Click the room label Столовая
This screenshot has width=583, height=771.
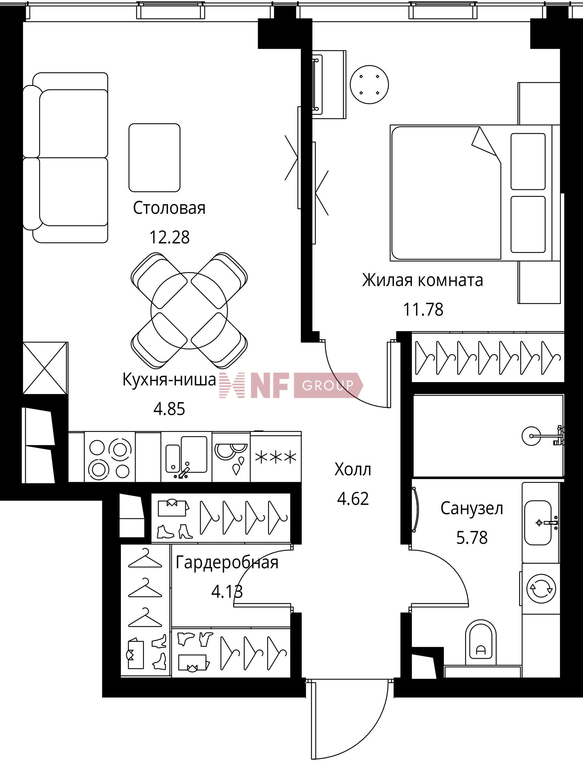pos(169,208)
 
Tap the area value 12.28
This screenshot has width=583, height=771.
pos(169,237)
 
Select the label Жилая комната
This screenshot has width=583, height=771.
pos(422,280)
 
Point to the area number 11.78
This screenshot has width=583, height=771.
pos(423,309)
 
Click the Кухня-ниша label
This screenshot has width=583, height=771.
pos(169,379)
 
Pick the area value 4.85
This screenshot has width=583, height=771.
pos(169,409)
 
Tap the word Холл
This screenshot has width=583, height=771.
pos(353,470)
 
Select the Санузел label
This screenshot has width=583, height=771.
pos(472,509)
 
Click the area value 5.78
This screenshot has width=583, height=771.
pos(472,537)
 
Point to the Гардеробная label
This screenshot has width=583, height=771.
pos(227,563)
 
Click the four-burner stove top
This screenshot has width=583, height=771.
pos(110,457)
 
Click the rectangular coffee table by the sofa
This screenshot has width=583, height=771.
pos(155,157)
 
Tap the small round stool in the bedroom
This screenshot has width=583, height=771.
pos(370,84)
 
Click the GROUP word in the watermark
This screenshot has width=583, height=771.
pos(328,385)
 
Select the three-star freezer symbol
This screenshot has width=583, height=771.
pos(276,457)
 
